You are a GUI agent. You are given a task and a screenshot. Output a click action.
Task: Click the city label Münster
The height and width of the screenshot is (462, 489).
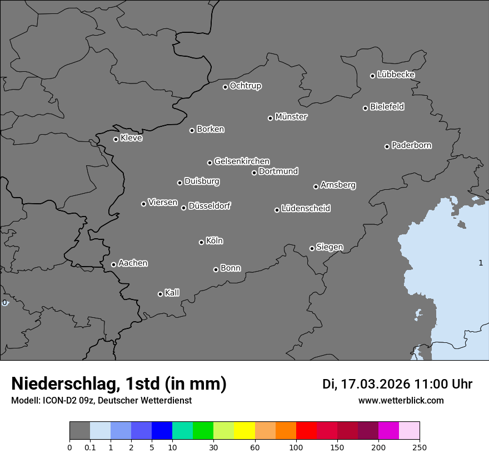tap(291, 117)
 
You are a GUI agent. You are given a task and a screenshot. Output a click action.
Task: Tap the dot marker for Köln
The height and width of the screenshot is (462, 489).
tap(201, 242)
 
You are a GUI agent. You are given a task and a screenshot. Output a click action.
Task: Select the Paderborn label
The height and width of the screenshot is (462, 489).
tap(412, 145)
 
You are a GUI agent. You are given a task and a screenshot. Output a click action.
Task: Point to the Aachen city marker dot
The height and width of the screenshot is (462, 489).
tap(113, 264)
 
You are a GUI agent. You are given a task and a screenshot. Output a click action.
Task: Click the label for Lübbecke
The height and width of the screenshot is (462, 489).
tap(396, 75)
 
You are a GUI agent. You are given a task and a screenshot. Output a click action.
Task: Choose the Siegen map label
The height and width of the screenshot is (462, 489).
tap(330, 247)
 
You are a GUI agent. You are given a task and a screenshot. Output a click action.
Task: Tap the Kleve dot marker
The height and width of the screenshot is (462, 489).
tap(116, 139)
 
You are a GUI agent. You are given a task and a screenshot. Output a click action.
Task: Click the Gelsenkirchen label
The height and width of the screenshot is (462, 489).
tap(242, 161)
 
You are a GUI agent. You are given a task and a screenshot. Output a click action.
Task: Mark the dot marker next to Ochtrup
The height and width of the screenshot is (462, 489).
tap(225, 87)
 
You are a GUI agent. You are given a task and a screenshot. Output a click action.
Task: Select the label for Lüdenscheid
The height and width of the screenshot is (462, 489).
tap(306, 209)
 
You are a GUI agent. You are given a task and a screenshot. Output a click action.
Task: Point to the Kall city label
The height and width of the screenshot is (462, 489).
tap(172, 293)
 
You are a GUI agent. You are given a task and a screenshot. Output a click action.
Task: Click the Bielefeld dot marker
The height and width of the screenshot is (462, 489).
tap(365, 108)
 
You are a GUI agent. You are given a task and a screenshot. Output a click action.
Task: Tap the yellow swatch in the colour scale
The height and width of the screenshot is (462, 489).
tap(244, 431)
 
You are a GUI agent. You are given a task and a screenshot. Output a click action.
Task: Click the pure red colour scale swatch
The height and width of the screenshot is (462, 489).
tap(306, 431)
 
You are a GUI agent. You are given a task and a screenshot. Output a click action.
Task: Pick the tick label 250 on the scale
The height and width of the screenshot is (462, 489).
tap(420, 447)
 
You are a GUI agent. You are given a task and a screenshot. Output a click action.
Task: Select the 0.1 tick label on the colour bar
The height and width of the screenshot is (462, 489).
tap(90, 447)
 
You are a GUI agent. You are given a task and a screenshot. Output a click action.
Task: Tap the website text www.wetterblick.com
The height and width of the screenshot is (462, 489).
tap(401, 401)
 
